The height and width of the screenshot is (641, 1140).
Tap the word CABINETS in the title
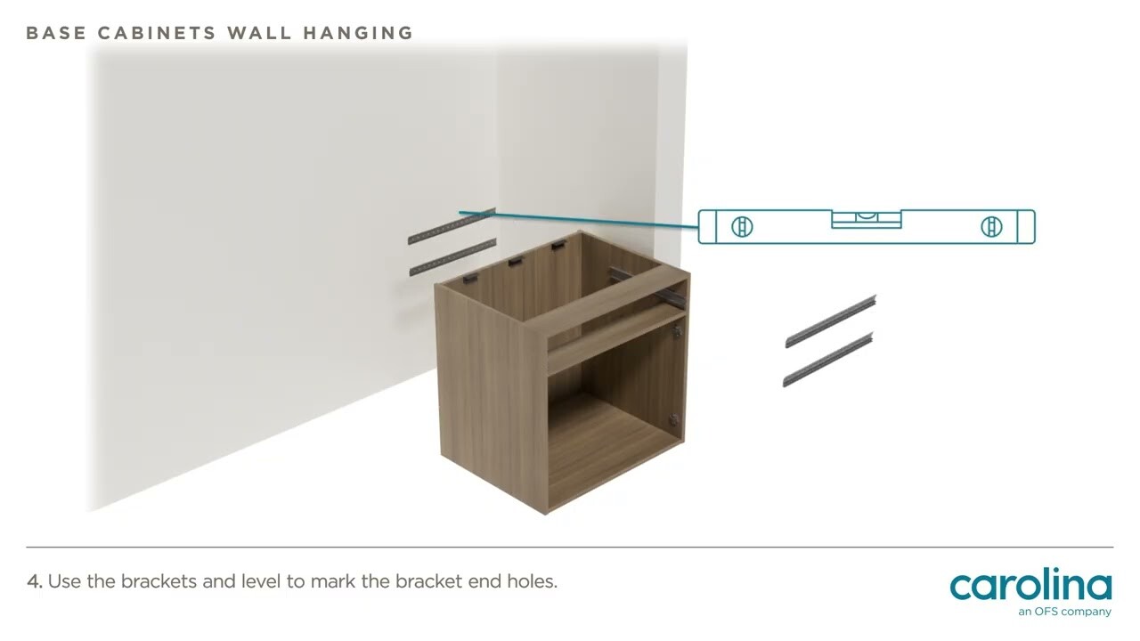[157, 33]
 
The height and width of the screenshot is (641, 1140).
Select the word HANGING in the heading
[358, 33]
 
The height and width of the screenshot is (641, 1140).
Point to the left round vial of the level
[742, 227]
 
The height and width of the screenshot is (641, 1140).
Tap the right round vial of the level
[991, 227]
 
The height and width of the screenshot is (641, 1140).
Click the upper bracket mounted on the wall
[451, 226]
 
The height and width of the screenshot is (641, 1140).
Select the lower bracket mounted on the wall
[452, 256]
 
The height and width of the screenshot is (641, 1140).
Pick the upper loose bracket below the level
[830, 320]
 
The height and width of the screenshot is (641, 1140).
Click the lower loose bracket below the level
[827, 360]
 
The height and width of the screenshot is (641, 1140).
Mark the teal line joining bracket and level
[579, 221]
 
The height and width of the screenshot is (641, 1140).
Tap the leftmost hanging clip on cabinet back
[470, 279]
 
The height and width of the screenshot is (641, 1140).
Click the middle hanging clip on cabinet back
[516, 262]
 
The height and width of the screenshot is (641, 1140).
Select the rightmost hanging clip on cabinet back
[558, 245]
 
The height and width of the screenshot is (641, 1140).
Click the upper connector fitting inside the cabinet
[676, 332]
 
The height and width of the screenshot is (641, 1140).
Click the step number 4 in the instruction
[34, 581]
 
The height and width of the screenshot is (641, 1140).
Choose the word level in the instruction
[260, 581]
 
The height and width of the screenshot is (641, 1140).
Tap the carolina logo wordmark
[1030, 585]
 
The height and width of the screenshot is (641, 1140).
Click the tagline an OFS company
[1064, 612]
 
